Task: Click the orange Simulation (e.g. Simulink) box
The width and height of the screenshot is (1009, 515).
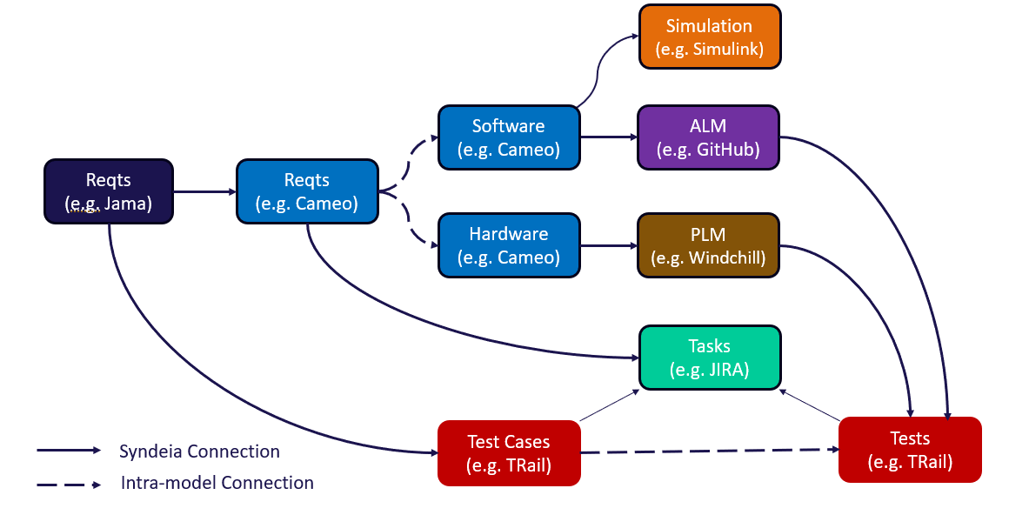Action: pos(710,37)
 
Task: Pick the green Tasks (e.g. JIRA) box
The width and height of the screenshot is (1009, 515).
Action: pos(710,358)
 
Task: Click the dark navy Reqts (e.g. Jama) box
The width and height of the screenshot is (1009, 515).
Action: pos(109,191)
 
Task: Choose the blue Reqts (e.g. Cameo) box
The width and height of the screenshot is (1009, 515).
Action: pos(307,191)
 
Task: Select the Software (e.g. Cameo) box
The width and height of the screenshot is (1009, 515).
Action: pos(509,137)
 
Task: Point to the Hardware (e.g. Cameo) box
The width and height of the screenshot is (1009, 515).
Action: pos(509,246)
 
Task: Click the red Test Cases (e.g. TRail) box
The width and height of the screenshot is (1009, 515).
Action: pos(509,452)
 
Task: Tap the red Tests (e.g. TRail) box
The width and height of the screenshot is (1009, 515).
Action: pos(910,450)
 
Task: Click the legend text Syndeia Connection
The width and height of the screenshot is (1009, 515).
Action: pos(199,451)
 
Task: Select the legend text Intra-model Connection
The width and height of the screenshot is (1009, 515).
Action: pos(217,483)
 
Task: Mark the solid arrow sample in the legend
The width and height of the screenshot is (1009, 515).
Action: pos(70,451)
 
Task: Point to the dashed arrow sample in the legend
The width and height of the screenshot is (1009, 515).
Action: pos(70,483)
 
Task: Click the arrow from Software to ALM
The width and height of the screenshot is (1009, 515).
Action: pos(609,137)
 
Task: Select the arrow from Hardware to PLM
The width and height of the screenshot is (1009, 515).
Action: pos(609,246)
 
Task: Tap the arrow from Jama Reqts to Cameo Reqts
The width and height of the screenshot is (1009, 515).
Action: pos(205,191)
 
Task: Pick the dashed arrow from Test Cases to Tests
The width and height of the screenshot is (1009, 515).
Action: pos(709,451)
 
